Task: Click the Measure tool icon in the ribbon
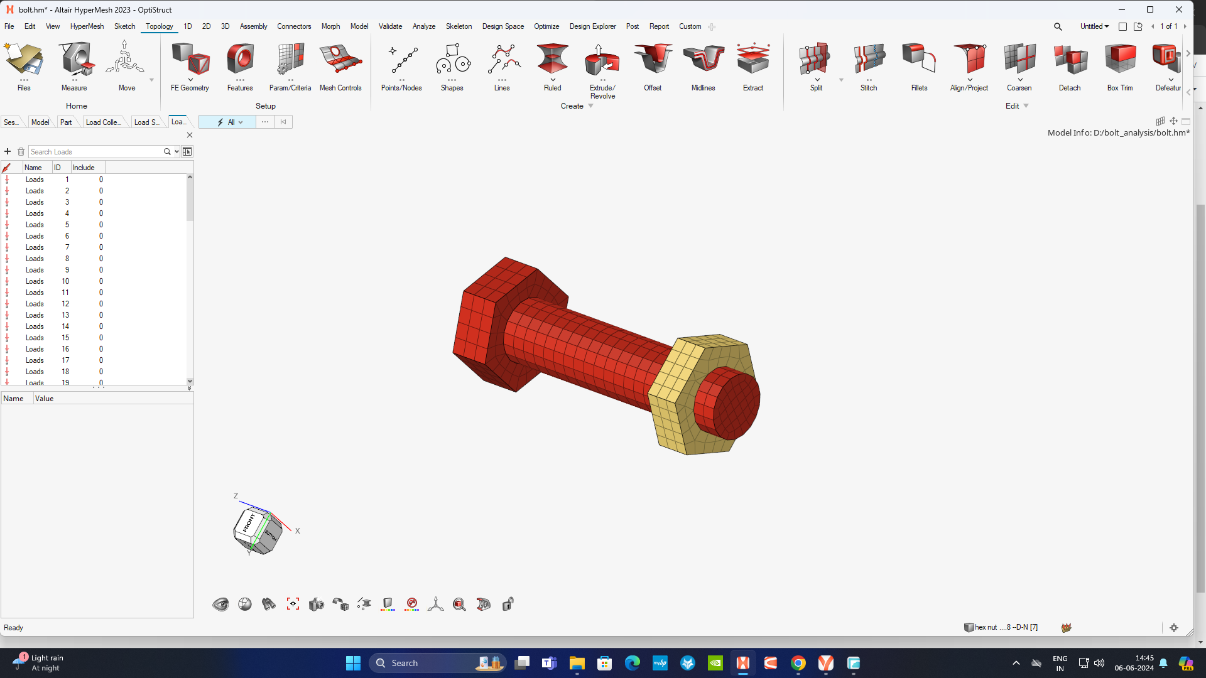(x=75, y=60)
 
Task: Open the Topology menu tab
(x=159, y=26)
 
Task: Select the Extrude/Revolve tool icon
(x=602, y=61)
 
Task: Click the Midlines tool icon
(x=703, y=60)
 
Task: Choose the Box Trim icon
(x=1119, y=60)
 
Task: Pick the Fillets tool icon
(x=919, y=60)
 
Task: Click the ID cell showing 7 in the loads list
(x=67, y=247)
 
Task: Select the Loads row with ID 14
(x=35, y=326)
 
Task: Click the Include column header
(x=84, y=168)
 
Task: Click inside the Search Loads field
(x=94, y=152)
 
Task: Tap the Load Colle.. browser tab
(x=103, y=122)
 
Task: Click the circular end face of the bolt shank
(x=729, y=402)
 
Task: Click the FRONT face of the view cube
(x=248, y=523)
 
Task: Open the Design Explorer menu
(x=592, y=26)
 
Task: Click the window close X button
(x=1179, y=9)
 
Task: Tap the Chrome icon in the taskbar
(x=798, y=663)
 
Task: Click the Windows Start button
(x=353, y=663)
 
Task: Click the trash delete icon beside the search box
(x=21, y=152)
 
